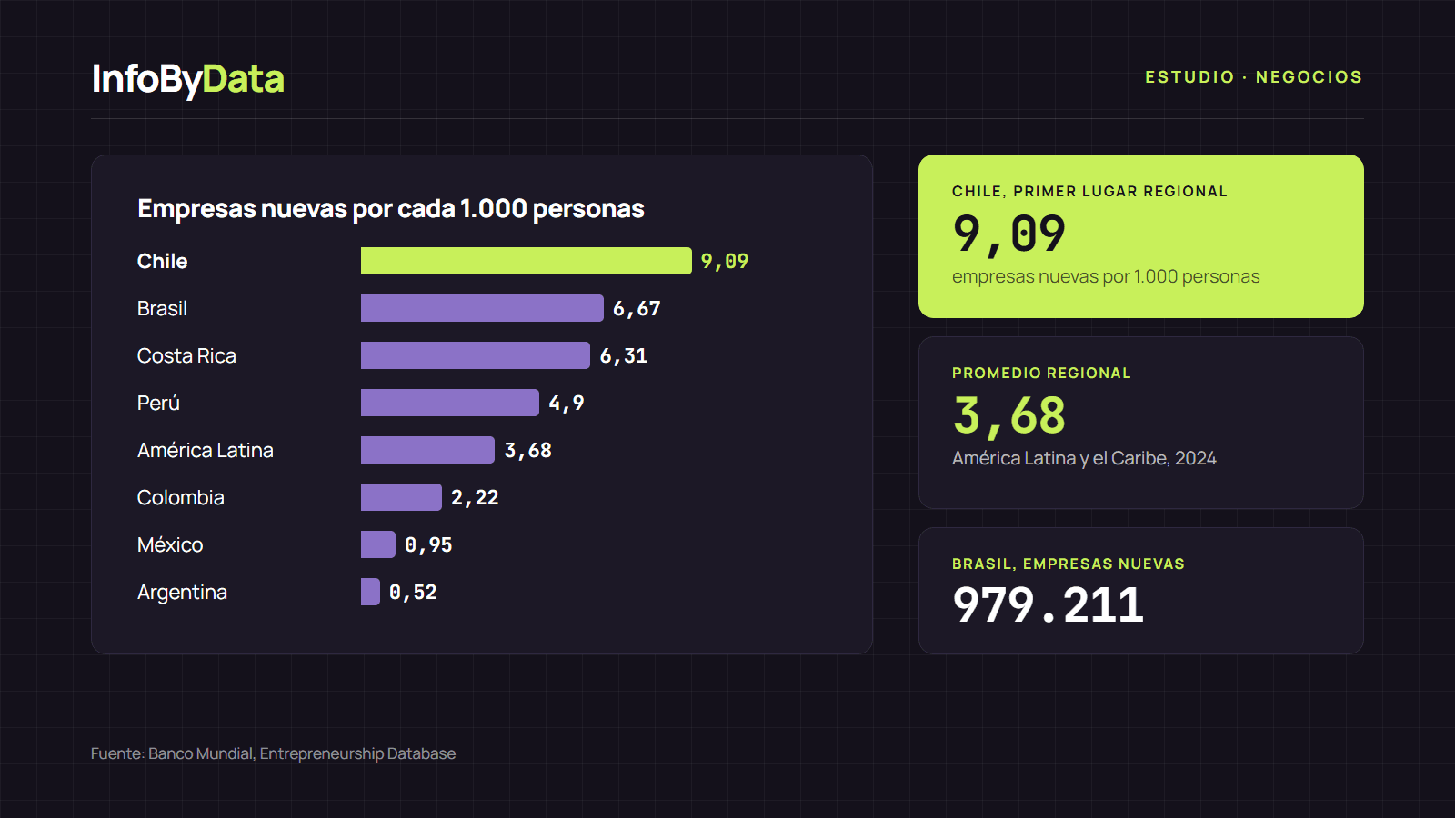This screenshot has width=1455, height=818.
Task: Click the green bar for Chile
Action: (527, 261)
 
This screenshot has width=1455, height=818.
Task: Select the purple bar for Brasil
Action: (482, 308)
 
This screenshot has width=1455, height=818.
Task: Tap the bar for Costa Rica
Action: (476, 355)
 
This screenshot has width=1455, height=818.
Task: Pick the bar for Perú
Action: (450, 403)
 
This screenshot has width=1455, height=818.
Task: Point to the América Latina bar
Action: (427, 450)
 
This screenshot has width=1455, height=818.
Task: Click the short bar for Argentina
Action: (370, 592)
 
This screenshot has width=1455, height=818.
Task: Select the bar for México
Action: (378, 544)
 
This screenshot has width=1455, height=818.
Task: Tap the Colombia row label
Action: (181, 497)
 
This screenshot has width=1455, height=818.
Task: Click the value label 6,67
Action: (637, 309)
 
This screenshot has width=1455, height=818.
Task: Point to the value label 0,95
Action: (428, 545)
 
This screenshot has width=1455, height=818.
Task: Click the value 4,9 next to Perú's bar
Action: (567, 404)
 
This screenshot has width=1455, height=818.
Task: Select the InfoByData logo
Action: (188, 79)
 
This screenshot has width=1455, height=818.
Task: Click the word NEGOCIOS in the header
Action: (1309, 77)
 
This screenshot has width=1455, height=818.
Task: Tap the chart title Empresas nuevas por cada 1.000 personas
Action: (391, 208)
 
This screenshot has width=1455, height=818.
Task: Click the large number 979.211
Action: (1048, 605)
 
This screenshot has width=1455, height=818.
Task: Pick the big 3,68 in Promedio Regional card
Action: (1009, 416)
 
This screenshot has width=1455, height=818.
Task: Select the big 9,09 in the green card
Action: (1009, 234)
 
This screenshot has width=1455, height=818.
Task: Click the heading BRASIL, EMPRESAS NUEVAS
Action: (1069, 564)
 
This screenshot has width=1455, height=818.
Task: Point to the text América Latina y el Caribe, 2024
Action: (1084, 458)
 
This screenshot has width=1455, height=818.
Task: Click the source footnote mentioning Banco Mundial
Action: (274, 753)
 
